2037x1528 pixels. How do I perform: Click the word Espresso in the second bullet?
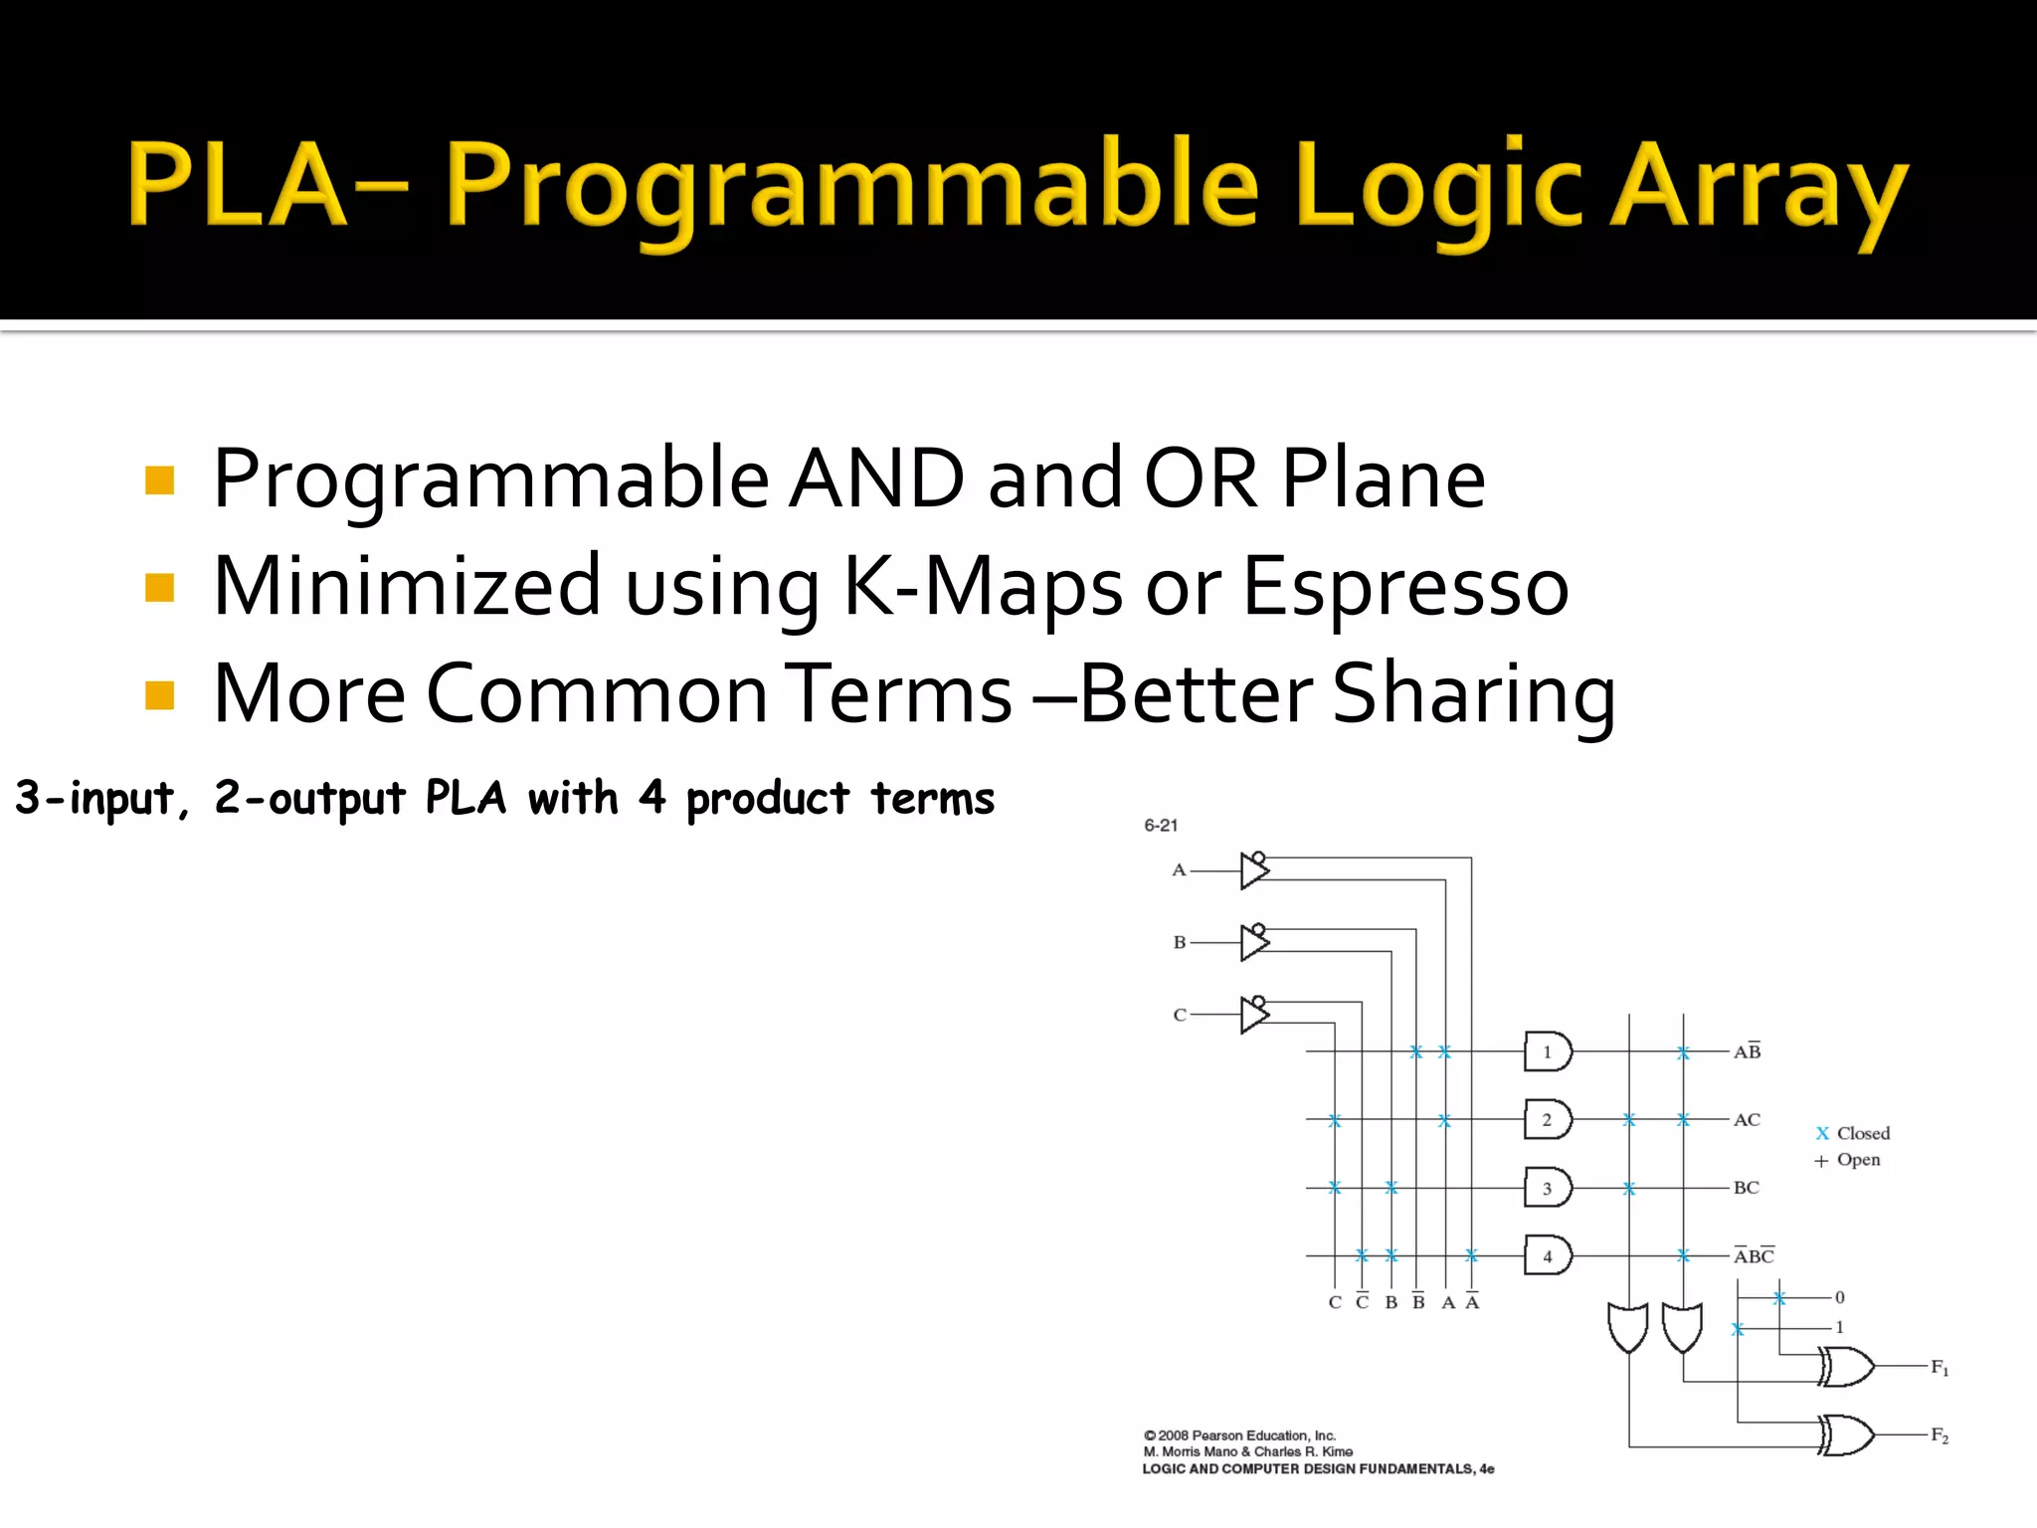(x=1404, y=587)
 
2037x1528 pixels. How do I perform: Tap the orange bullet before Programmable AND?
(x=159, y=480)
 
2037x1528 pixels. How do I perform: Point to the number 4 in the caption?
(x=651, y=798)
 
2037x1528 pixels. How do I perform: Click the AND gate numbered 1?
(x=1547, y=1051)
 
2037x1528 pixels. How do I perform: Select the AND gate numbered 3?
(x=1547, y=1188)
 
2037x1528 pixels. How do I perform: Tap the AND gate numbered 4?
(x=1547, y=1255)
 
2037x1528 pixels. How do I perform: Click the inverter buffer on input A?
(x=1254, y=870)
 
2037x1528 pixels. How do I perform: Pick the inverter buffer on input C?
(x=1254, y=1015)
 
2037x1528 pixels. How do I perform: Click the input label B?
(x=1180, y=942)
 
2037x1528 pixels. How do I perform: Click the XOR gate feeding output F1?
(x=1846, y=1367)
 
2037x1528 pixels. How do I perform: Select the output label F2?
(x=1940, y=1435)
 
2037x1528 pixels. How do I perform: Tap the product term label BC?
(x=1746, y=1188)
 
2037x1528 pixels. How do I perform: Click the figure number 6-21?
(x=1161, y=826)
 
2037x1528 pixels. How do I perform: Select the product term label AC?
(x=1747, y=1120)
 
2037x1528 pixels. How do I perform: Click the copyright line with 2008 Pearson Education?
(x=1239, y=1435)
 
